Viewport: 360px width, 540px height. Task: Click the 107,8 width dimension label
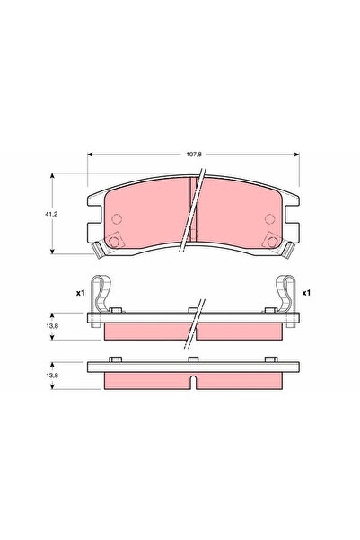(193, 154)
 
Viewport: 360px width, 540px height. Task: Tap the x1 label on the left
(79, 293)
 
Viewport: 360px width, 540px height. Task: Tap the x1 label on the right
(306, 293)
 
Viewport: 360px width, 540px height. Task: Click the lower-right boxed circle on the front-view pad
(273, 241)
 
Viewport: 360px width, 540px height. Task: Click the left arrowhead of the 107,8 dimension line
(90, 154)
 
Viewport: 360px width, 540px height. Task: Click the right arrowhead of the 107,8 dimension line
(297, 154)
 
